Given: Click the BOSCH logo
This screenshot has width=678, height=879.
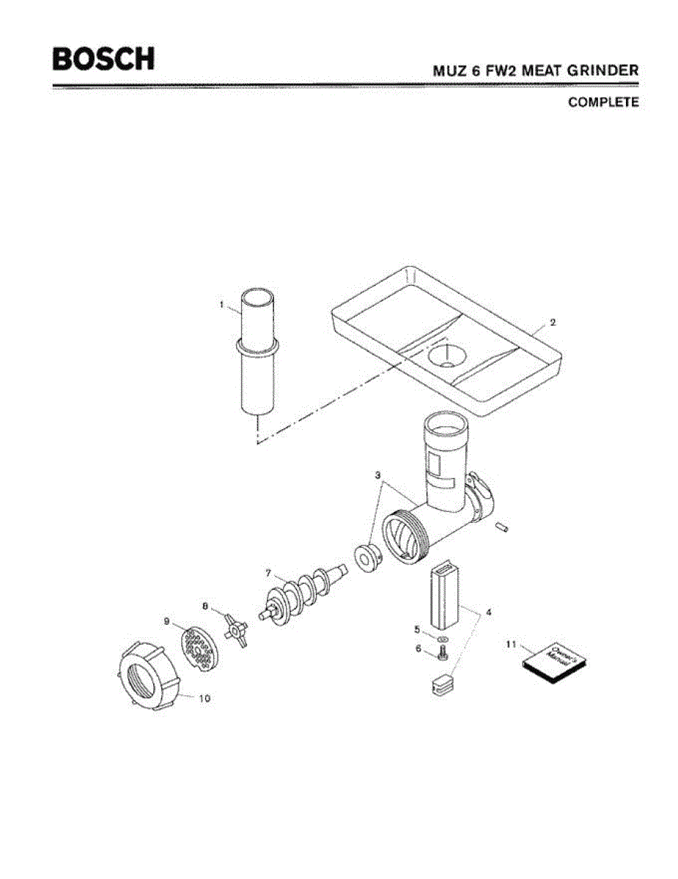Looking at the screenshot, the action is (103, 59).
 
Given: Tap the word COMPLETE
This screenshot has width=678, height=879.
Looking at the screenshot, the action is (603, 103).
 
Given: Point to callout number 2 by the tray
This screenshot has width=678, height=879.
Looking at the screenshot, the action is (553, 322).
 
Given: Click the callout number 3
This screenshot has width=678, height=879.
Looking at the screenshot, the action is (379, 475).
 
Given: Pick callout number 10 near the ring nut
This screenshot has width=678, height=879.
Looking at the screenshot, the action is (204, 698).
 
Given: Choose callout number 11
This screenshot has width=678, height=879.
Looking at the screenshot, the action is (511, 644).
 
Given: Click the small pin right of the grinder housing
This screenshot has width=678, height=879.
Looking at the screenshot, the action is (503, 524).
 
